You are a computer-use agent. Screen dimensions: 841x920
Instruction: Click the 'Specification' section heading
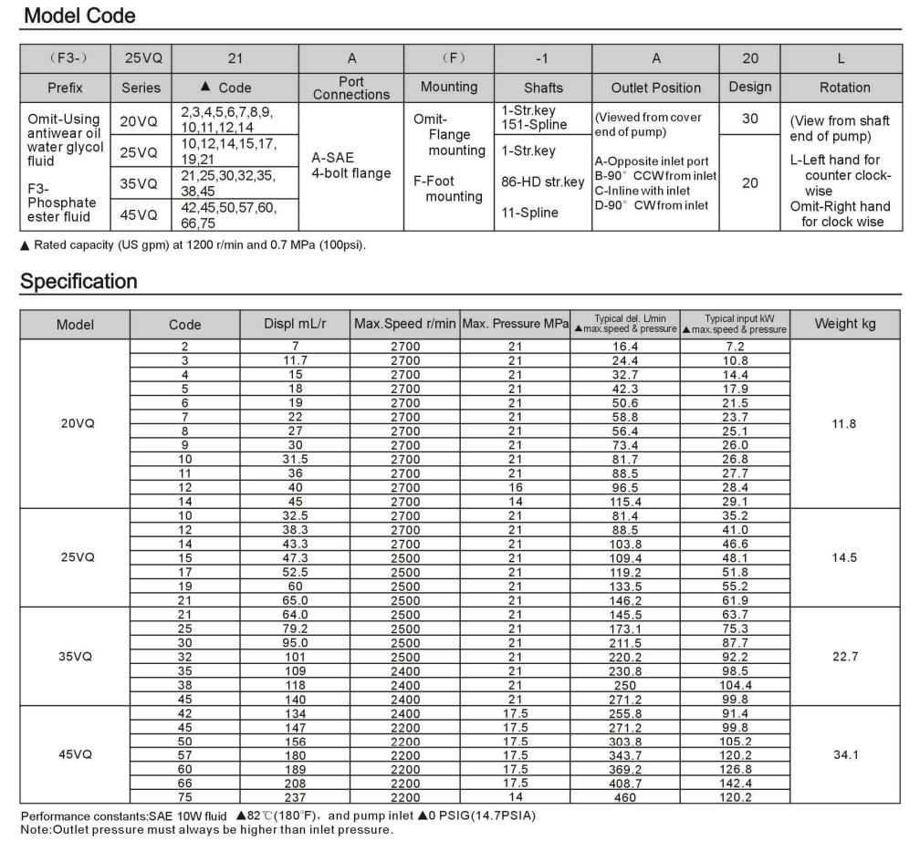(78, 281)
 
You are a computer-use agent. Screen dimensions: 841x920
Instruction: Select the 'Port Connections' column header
(351, 88)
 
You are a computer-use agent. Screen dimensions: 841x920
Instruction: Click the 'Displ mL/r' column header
(294, 324)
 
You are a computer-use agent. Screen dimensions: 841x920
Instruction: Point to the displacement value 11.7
(294, 360)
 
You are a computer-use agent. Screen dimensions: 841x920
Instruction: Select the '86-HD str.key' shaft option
(543, 182)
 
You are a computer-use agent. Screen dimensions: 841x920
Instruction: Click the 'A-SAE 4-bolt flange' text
(351, 165)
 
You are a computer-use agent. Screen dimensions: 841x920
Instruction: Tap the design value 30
(750, 119)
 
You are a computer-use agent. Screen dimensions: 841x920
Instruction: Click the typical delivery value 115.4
(625, 501)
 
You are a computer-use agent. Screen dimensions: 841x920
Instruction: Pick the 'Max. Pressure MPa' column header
(515, 324)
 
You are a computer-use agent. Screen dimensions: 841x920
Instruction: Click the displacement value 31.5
(294, 458)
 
